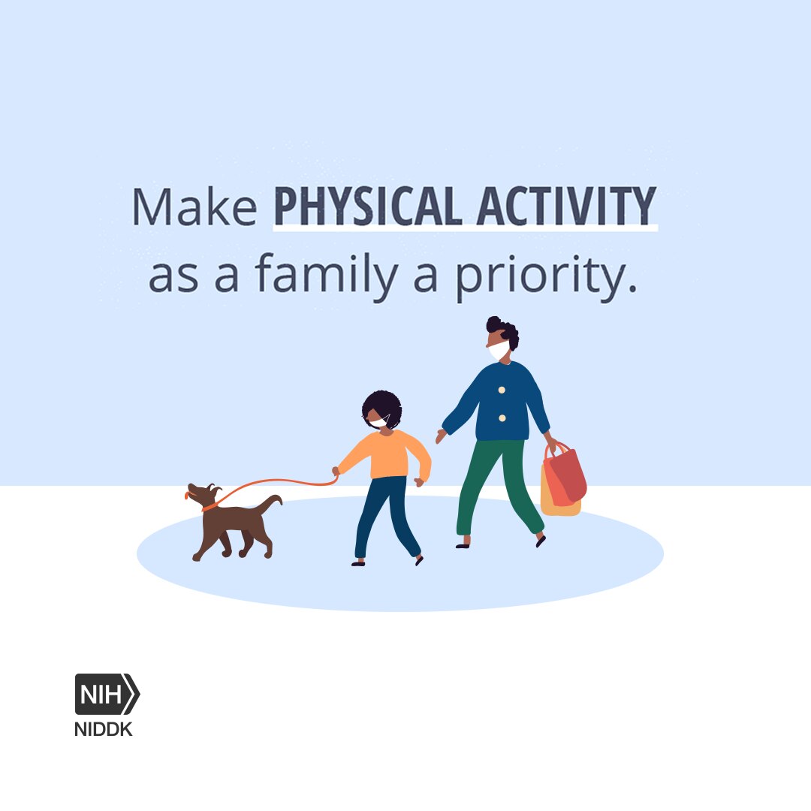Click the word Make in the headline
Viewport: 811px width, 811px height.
click(x=194, y=207)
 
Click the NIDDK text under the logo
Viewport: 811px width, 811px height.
click(x=104, y=729)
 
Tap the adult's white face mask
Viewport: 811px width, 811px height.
click(x=499, y=351)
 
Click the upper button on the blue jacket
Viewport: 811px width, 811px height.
click(x=502, y=390)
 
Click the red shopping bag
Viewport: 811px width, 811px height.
click(x=566, y=475)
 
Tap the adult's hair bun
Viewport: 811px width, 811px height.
click(x=494, y=324)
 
